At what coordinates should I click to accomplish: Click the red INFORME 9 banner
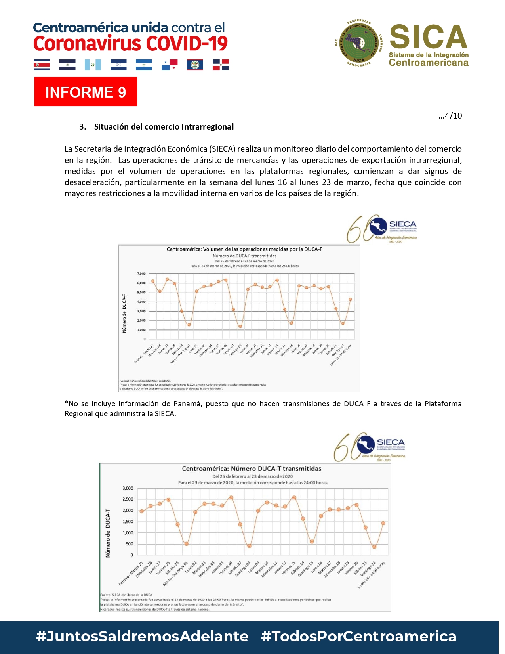(86, 92)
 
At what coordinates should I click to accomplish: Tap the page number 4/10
(450, 116)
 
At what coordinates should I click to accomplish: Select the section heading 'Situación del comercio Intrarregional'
(164, 127)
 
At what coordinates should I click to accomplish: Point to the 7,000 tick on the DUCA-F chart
(141, 273)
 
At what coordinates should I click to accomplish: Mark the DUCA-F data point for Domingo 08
(240, 327)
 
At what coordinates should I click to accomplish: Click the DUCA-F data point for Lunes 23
(350, 299)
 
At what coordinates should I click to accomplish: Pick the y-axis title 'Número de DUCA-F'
(124, 313)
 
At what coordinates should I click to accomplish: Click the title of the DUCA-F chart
(244, 249)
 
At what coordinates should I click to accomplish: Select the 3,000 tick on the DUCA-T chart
(128, 488)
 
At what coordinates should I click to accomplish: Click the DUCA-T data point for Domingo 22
(374, 547)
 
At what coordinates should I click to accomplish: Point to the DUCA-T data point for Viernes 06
(231, 497)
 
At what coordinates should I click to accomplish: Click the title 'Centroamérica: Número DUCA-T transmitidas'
(252, 469)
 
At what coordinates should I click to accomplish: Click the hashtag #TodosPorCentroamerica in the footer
(358, 636)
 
